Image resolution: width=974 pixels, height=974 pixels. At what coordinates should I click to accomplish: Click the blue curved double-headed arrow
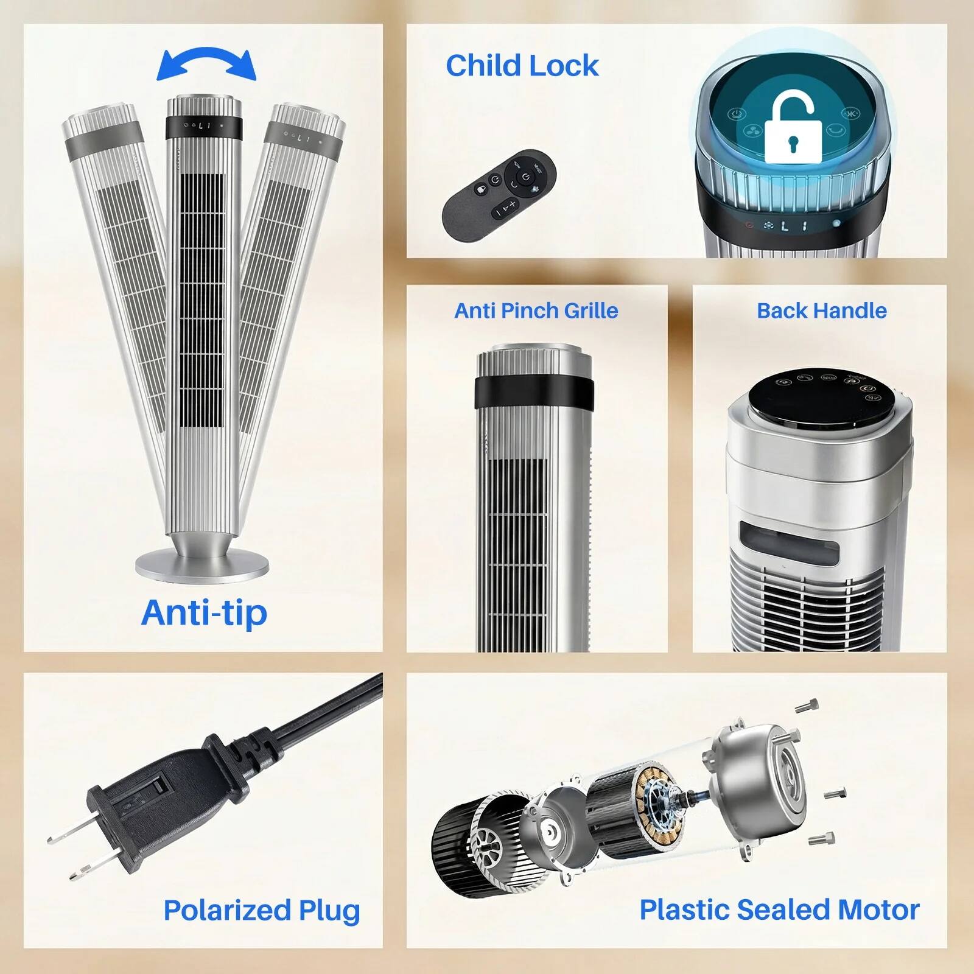206,63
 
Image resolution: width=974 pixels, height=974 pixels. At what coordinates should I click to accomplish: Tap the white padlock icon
789,129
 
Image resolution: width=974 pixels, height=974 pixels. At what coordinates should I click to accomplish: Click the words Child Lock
522,66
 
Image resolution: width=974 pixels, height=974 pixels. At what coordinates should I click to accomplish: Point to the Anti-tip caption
204,612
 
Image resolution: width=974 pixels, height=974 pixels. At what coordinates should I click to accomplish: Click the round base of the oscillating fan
201,564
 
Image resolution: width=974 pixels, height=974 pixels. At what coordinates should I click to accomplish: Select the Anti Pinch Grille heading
536,310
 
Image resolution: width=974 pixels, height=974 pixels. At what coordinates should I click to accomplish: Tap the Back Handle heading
821,310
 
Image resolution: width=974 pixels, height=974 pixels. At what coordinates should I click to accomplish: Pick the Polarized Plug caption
262,910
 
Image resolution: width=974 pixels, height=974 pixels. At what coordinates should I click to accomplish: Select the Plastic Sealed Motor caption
779,909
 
